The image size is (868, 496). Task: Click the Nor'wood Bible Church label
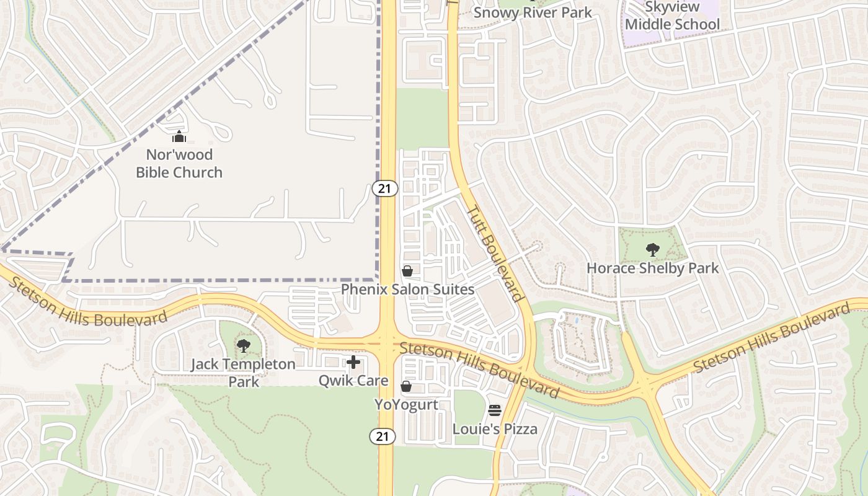point(179,164)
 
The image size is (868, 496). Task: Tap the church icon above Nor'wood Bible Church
point(179,136)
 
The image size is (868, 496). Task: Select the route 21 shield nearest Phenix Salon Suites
point(385,188)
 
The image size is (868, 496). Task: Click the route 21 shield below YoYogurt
point(383,436)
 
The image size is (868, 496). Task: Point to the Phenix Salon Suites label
point(407,290)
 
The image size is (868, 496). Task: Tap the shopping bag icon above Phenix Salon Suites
point(407,271)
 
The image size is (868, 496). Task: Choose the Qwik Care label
point(353,381)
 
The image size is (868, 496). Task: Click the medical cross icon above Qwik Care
point(353,362)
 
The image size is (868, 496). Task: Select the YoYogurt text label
point(406,405)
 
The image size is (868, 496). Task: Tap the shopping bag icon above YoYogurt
point(406,387)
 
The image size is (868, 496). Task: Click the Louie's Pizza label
point(495,429)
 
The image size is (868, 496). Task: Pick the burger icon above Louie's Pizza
point(495,410)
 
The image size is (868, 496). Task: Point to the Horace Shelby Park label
point(653,268)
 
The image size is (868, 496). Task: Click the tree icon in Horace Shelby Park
point(652,250)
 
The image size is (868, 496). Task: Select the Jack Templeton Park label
point(243,372)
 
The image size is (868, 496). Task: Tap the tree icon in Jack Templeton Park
point(244,346)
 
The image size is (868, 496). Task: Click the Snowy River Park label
point(533,12)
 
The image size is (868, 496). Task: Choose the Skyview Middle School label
point(673,16)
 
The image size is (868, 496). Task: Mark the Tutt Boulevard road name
point(495,254)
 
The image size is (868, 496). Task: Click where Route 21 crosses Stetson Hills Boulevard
point(386,342)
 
